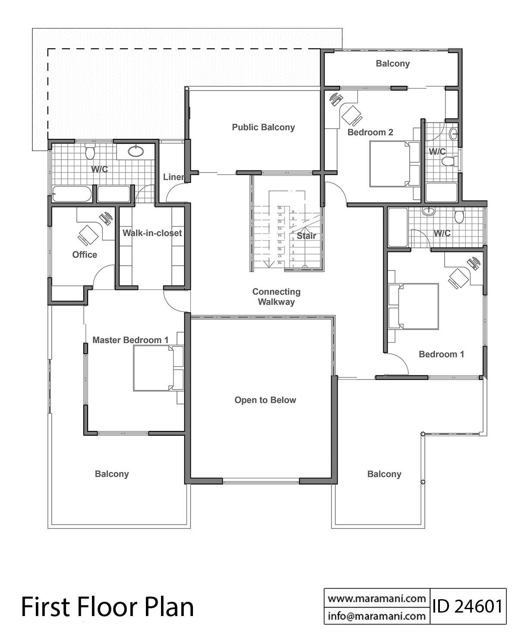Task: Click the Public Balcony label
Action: tap(263, 127)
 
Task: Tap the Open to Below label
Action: tap(265, 400)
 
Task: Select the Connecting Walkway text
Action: tap(276, 297)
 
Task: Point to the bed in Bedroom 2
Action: tap(391, 164)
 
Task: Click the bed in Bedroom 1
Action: tap(417, 306)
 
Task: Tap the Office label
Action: tap(85, 255)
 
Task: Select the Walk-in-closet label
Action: tap(152, 233)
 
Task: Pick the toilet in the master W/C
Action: tap(90, 151)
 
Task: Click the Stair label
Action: tap(306, 236)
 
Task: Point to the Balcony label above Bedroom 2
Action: tap(392, 63)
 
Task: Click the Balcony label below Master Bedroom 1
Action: tap(112, 474)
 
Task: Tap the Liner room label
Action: tap(174, 177)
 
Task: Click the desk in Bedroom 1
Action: tap(459, 276)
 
